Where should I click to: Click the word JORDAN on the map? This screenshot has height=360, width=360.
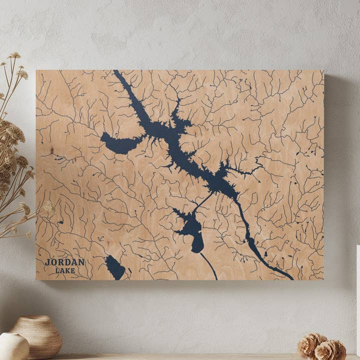(64, 262)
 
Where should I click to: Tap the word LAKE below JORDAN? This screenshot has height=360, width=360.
(65, 270)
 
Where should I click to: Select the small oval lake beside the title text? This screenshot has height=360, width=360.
(115, 267)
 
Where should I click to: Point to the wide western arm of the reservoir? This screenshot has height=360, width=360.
(120, 144)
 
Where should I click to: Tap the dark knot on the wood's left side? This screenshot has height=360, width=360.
(51, 150)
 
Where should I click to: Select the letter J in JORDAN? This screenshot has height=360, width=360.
(47, 262)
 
